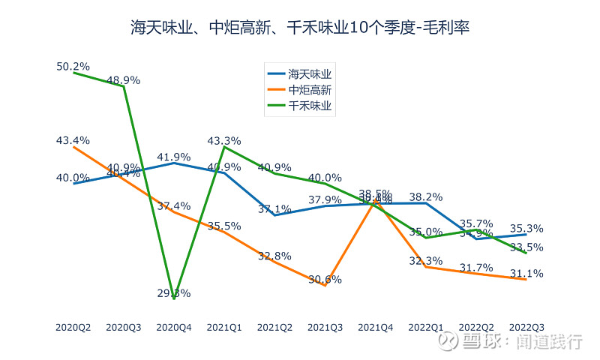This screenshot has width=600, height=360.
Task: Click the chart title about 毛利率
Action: coord(300,28)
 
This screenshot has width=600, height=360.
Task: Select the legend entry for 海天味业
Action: coord(300,73)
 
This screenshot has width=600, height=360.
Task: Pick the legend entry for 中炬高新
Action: coord(300,90)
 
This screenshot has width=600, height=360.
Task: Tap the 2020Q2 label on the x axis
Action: coord(73,328)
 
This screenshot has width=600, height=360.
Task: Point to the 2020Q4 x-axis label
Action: coord(174,328)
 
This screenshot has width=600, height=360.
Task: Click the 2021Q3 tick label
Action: coord(325,328)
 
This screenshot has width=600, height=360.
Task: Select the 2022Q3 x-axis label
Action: coord(526,328)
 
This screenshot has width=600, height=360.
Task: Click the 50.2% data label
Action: coord(73,66)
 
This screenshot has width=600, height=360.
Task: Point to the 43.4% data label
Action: coord(73,140)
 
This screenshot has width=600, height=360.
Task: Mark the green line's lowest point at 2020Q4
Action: coord(174,298)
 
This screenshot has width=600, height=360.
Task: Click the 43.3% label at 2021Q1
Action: coord(223,140)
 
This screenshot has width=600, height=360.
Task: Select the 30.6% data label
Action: coord(325,279)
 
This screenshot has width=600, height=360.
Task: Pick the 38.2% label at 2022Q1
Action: coord(426,197)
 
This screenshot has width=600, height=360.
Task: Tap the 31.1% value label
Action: coord(526,273)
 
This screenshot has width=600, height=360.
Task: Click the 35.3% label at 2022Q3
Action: coord(526,229)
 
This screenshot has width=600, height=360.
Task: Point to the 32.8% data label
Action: coord(274,256)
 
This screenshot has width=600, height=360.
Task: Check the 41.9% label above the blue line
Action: coord(174,157)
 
